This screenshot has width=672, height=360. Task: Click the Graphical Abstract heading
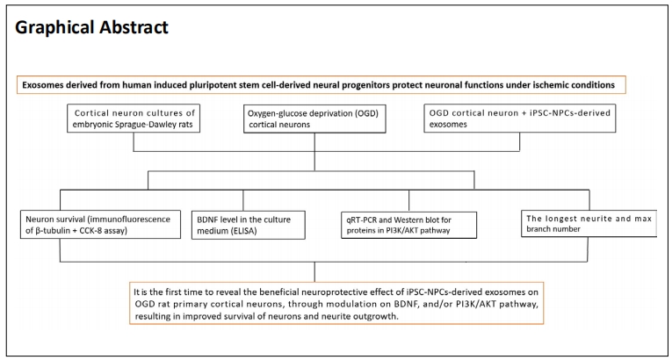coord(91,27)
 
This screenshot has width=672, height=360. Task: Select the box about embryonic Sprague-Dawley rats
coord(134,119)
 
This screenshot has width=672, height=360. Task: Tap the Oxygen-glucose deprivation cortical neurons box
coord(314,119)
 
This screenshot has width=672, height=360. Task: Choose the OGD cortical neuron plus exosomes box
coord(520,119)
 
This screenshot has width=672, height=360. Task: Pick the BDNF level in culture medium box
coord(248,225)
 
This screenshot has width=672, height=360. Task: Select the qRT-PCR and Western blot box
coord(408,225)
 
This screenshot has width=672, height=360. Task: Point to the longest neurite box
coord(589,223)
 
